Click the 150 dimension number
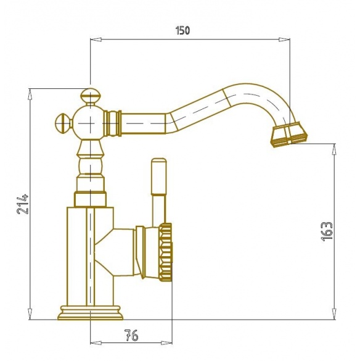(x=182, y=30)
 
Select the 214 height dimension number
(x=23, y=205)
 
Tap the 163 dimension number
(x=327, y=231)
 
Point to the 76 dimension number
(x=131, y=335)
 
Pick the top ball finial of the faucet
(x=90, y=96)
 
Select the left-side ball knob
(x=63, y=123)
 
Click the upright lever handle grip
(x=158, y=176)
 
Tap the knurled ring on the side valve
(x=165, y=252)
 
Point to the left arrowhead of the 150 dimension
(x=96, y=39)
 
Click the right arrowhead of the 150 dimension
(x=284, y=39)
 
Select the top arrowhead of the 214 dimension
(x=30, y=94)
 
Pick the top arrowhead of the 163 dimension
(x=335, y=149)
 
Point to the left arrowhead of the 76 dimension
(x=96, y=343)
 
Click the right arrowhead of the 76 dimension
(x=166, y=343)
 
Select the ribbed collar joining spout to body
(x=112, y=123)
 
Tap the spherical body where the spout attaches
(x=90, y=123)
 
